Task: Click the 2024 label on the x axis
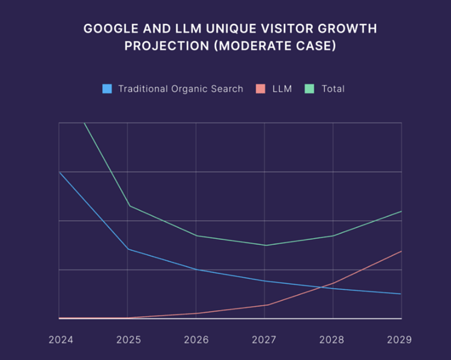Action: pyautogui.click(x=61, y=340)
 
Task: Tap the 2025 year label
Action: pyautogui.click(x=128, y=340)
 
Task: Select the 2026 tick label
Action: pyautogui.click(x=196, y=340)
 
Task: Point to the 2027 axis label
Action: pyautogui.click(x=264, y=340)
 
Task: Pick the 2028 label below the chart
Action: pyautogui.click(x=332, y=340)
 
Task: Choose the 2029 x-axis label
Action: pyautogui.click(x=399, y=340)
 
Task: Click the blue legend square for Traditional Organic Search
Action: pyautogui.click(x=107, y=89)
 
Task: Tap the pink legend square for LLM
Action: pyautogui.click(x=261, y=89)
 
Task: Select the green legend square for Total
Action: pyautogui.click(x=309, y=89)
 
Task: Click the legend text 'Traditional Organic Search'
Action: pyautogui.click(x=181, y=89)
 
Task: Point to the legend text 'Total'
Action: pyautogui.click(x=333, y=89)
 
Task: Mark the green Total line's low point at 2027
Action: pyautogui.click(x=265, y=245)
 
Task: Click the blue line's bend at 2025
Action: pyautogui.click(x=128, y=249)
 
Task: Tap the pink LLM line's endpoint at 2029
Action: pyautogui.click(x=401, y=251)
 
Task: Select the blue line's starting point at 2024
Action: pyautogui.click(x=59, y=172)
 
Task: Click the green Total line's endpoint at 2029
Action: pyautogui.click(x=401, y=211)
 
